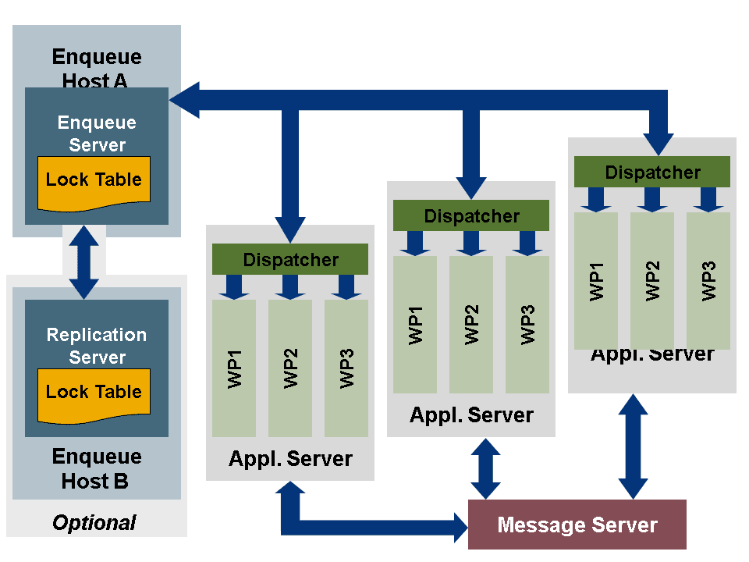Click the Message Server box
(577, 525)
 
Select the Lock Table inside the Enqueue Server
(94, 182)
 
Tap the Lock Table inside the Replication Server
(94, 394)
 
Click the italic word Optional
(94, 522)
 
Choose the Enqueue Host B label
(96, 468)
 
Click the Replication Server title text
(97, 346)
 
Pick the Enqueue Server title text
(97, 133)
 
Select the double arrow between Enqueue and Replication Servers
(84, 262)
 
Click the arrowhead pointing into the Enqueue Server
(184, 99)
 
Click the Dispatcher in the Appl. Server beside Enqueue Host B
(290, 259)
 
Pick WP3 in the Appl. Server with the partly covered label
(708, 281)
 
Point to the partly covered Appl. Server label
(652, 355)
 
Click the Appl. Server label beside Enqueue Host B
(290, 459)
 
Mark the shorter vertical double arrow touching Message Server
(485, 468)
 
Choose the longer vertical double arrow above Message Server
(634, 445)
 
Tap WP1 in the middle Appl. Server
(415, 325)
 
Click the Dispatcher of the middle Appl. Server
(471, 215)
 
